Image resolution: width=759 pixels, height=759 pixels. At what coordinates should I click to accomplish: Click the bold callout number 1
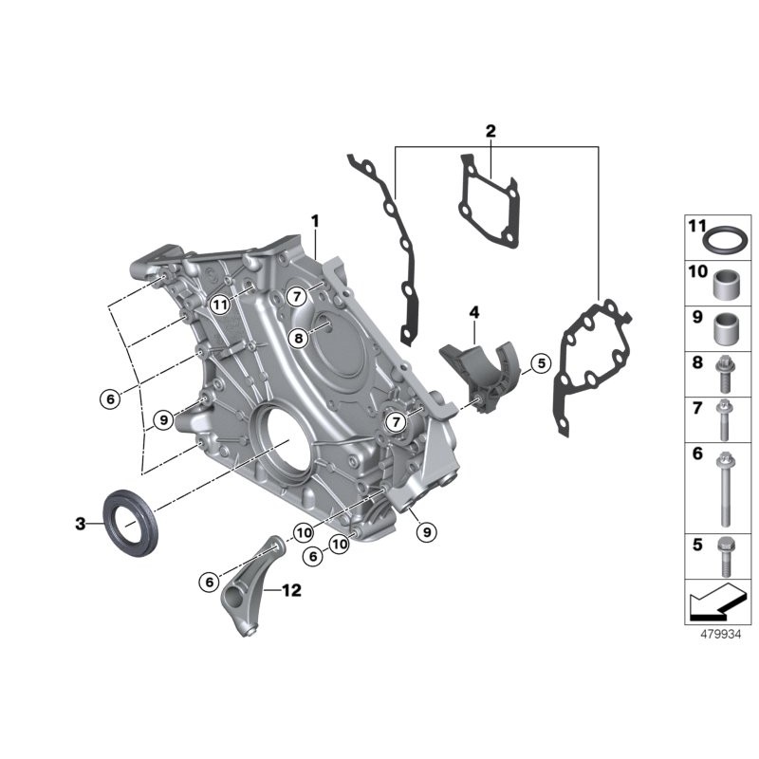315,221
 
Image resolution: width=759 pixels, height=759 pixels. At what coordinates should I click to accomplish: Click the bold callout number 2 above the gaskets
491,131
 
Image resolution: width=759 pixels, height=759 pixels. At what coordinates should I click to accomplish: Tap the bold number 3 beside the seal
81,523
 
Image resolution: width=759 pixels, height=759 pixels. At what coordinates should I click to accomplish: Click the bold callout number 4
473,311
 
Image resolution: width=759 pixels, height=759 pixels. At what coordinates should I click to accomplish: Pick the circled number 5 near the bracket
539,362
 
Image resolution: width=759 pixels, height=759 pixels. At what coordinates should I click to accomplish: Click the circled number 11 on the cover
220,305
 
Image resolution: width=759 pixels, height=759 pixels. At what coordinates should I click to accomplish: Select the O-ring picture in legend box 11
727,236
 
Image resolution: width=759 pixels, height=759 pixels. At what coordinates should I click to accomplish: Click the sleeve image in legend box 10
728,283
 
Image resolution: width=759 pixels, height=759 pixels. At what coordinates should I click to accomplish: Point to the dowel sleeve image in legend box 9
728,326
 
